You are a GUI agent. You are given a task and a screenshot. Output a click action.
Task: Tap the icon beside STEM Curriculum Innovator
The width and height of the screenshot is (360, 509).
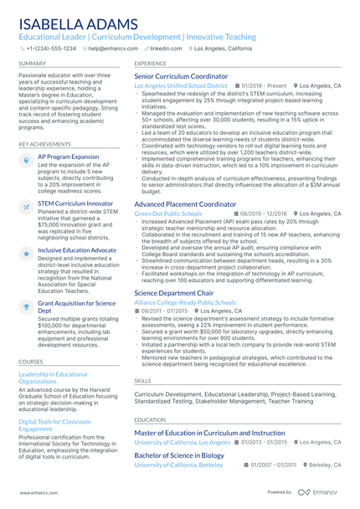coord(26,205)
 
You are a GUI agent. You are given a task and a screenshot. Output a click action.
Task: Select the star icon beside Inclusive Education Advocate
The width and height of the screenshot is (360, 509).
coord(26,252)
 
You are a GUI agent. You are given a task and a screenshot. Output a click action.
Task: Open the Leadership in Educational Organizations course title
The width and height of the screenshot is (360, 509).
coord(52,377)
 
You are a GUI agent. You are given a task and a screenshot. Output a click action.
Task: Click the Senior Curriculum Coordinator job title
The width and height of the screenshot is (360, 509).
coord(181,75)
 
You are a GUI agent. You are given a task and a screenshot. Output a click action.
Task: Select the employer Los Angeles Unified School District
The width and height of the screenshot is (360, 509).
coord(180,85)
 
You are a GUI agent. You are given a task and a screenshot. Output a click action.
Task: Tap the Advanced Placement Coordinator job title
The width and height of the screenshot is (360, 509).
coord(185,203)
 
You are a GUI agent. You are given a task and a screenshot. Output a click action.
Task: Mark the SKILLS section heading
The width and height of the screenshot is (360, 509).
coord(143,379)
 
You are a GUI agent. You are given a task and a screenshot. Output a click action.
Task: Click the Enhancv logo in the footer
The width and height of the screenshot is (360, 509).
coord(328,494)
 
